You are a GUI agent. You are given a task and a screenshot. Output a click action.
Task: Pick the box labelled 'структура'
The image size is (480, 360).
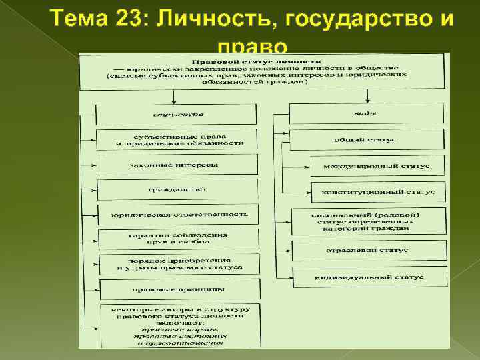(175, 115)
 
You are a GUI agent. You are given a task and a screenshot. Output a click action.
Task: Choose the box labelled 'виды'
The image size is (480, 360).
(365, 113)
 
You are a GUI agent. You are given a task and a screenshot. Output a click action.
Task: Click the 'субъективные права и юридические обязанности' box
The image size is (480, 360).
(175, 140)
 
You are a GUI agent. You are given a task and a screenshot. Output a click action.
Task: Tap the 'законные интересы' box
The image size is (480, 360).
(175, 165)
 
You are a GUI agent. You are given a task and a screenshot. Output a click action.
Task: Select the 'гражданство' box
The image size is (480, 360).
(175, 189)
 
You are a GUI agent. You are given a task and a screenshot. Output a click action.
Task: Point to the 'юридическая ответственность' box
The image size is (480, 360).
(175, 214)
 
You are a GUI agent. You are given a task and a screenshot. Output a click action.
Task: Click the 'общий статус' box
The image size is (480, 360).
(365, 139)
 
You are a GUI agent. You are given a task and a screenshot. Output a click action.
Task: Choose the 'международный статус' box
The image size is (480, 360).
(377, 165)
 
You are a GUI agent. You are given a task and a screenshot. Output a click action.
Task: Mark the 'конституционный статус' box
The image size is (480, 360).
(377, 191)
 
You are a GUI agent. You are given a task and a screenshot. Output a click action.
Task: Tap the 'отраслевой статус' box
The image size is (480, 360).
(369, 250)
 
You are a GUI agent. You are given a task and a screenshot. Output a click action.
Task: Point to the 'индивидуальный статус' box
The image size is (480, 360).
(369, 276)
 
